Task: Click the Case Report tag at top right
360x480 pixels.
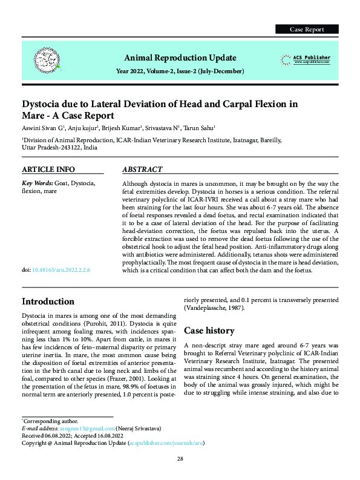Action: (x=307, y=29)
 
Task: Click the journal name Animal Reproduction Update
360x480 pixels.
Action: (x=180, y=58)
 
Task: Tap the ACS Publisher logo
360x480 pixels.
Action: (x=306, y=59)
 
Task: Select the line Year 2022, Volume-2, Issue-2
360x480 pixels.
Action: (x=180, y=71)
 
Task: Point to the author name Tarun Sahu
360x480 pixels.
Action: (x=201, y=128)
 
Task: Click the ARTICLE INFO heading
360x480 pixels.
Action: (x=48, y=169)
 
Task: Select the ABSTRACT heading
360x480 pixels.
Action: (x=142, y=169)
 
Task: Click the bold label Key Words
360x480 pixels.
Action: (x=37, y=182)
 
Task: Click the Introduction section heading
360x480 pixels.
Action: (x=48, y=301)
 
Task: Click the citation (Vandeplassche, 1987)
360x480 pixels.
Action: (x=214, y=308)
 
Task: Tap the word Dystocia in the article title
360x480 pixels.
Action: (x=45, y=104)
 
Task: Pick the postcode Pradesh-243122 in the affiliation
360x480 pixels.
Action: (x=57, y=148)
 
